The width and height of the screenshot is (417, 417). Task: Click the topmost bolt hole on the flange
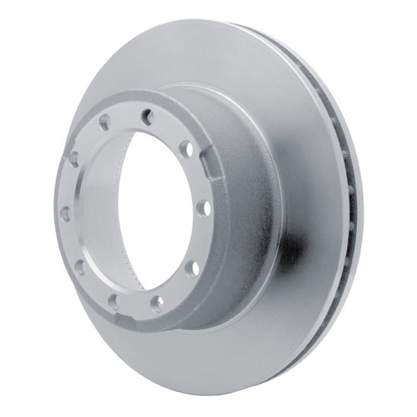click(x=148, y=117)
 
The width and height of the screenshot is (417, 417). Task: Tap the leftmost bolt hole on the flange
click(x=66, y=214)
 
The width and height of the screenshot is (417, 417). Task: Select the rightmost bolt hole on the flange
click(x=203, y=208)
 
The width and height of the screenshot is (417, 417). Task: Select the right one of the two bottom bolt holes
click(x=157, y=304)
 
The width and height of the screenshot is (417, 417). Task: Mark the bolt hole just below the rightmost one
click(x=192, y=269)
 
